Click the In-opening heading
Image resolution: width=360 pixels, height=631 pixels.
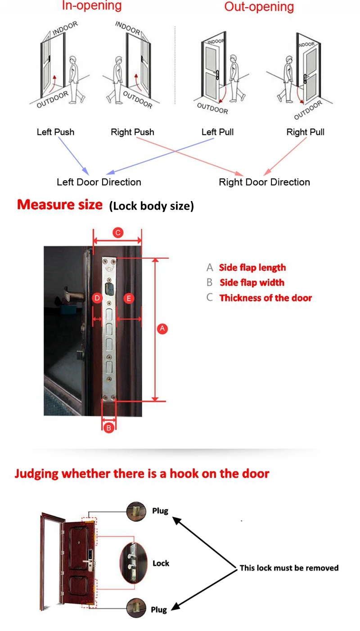91,6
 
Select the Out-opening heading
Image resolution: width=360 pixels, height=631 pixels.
259,7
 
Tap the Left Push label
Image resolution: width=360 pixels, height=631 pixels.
55,132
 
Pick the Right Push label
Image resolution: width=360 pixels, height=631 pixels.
132,132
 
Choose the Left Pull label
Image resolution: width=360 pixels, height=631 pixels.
217,132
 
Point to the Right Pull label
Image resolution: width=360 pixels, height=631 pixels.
305,132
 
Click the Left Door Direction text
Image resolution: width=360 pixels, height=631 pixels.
99,182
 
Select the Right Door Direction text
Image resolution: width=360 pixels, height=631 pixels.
264,182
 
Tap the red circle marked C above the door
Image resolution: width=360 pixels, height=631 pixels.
117,233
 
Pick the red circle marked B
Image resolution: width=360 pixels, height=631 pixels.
108,428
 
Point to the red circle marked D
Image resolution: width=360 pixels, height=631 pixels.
97,298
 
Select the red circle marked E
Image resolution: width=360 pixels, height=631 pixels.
129,298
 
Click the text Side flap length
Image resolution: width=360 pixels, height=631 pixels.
252,268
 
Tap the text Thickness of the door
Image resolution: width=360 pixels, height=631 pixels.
265,298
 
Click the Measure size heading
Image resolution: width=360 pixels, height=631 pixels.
60,205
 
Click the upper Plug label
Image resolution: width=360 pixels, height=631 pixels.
160,511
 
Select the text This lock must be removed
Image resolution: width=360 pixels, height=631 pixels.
289,568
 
